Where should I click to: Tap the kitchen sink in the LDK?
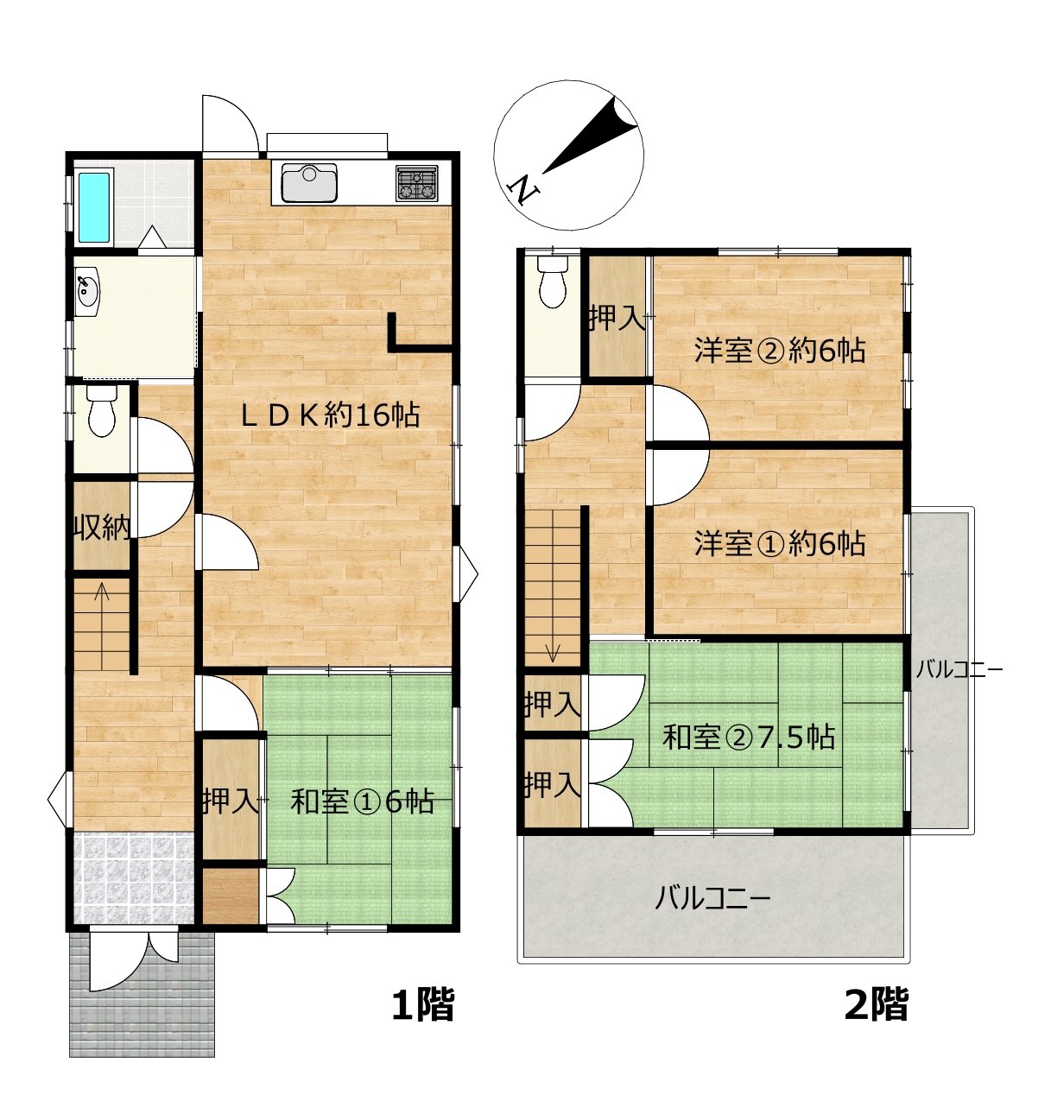309,182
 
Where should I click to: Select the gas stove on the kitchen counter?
416,183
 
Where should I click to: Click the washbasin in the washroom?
86,291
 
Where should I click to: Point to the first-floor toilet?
102,411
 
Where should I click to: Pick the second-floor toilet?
552,282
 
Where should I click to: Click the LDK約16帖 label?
331,416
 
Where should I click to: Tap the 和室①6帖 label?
362,802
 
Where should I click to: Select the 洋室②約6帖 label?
779,351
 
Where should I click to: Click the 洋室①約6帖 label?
779,544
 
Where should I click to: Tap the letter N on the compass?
523,190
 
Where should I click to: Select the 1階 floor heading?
423,1005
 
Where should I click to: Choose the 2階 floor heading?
877,1005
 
